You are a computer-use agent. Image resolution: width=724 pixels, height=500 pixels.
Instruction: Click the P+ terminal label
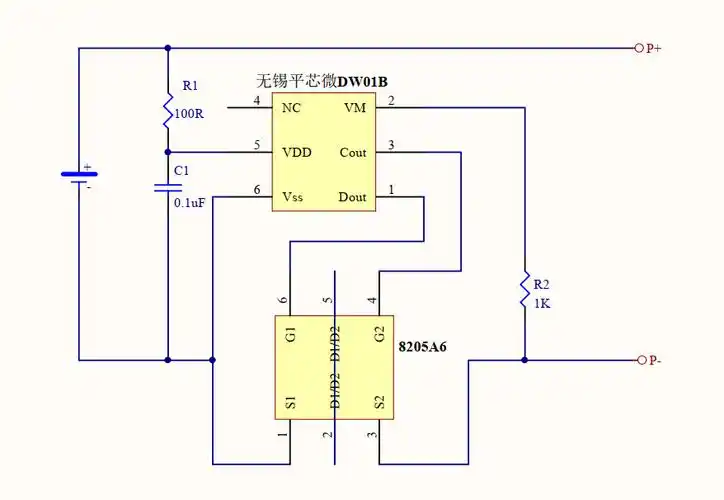pos(655,47)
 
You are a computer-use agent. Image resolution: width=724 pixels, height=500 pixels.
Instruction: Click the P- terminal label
pos(654,360)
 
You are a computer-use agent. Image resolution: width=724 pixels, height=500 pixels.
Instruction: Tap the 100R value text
pos(189,114)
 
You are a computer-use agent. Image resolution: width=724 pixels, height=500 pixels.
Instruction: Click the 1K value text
pos(541,303)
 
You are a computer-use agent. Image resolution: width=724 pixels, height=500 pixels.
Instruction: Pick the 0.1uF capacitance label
pos(189,202)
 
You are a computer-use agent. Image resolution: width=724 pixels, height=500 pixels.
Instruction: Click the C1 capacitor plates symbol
pos(168,188)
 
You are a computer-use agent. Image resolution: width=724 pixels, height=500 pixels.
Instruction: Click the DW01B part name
pos(363,81)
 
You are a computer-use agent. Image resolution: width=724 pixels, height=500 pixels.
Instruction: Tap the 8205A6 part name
pos(423,348)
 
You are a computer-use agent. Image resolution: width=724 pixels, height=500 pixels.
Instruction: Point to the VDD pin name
pos(297,153)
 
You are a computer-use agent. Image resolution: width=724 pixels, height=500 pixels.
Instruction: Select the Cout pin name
pos(353,153)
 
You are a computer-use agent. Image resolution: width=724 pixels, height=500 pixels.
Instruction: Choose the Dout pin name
pos(353,197)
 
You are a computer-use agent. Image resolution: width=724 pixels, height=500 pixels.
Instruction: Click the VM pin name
pos(355,108)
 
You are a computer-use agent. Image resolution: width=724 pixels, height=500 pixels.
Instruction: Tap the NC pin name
pos(292,108)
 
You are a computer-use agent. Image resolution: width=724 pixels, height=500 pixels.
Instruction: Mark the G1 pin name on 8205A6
pos(291,334)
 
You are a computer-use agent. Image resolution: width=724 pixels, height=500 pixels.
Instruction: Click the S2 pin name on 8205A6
pos(379,403)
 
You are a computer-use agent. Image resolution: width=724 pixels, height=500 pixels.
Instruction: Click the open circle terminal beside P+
pos(639,47)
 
